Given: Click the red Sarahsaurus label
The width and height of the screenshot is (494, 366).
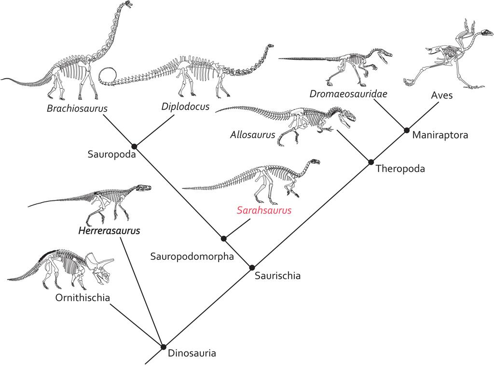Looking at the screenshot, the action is (264, 211).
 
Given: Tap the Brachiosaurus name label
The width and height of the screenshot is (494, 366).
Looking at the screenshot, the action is (77, 108).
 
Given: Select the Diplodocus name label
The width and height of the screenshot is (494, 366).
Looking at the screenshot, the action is (186, 106).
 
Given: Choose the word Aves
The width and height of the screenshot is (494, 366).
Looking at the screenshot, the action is (441, 95).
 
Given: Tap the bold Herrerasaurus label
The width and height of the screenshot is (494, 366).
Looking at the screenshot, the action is (109, 231).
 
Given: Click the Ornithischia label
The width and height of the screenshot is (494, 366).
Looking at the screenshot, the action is (82, 297).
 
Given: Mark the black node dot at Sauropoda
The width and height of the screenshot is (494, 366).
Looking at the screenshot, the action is (135, 146).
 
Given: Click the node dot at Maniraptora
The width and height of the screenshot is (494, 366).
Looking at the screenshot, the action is (406, 130).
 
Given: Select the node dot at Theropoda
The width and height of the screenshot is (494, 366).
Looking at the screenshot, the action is (371, 162).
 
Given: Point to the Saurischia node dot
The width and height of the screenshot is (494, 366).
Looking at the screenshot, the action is (251, 267).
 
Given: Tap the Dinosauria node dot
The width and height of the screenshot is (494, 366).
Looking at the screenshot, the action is (163, 347).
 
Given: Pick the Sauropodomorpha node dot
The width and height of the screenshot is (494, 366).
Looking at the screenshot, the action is (223, 238).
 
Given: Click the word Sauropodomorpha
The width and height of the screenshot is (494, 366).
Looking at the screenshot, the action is (192, 256).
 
